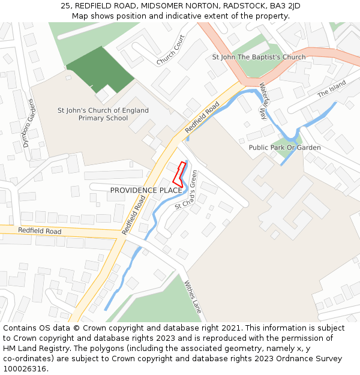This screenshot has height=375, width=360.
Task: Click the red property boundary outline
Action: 178,173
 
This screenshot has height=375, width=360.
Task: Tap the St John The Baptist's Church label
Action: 259,57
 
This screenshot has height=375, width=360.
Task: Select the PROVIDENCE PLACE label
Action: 146,190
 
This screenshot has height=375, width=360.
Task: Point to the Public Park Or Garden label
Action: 284,148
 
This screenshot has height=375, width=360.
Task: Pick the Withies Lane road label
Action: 193,296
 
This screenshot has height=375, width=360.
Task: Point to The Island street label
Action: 332,88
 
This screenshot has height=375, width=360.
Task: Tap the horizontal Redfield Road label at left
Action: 40,231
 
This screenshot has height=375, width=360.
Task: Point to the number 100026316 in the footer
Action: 25,369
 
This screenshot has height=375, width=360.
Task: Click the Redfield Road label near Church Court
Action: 202,118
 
